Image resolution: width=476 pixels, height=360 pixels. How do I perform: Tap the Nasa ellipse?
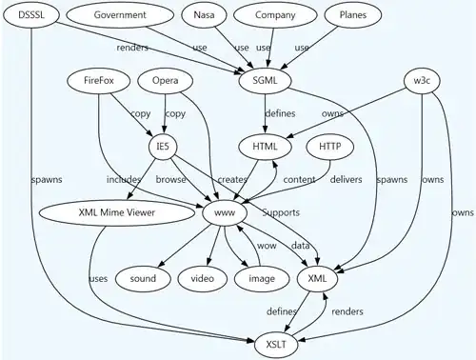click(204, 15)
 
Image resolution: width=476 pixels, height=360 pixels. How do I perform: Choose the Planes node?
click(347, 15)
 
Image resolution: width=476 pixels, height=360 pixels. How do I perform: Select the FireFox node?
click(99, 81)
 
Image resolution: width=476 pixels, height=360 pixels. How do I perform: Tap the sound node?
click(143, 278)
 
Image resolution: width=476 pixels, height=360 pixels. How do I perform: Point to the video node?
click(203, 278)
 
